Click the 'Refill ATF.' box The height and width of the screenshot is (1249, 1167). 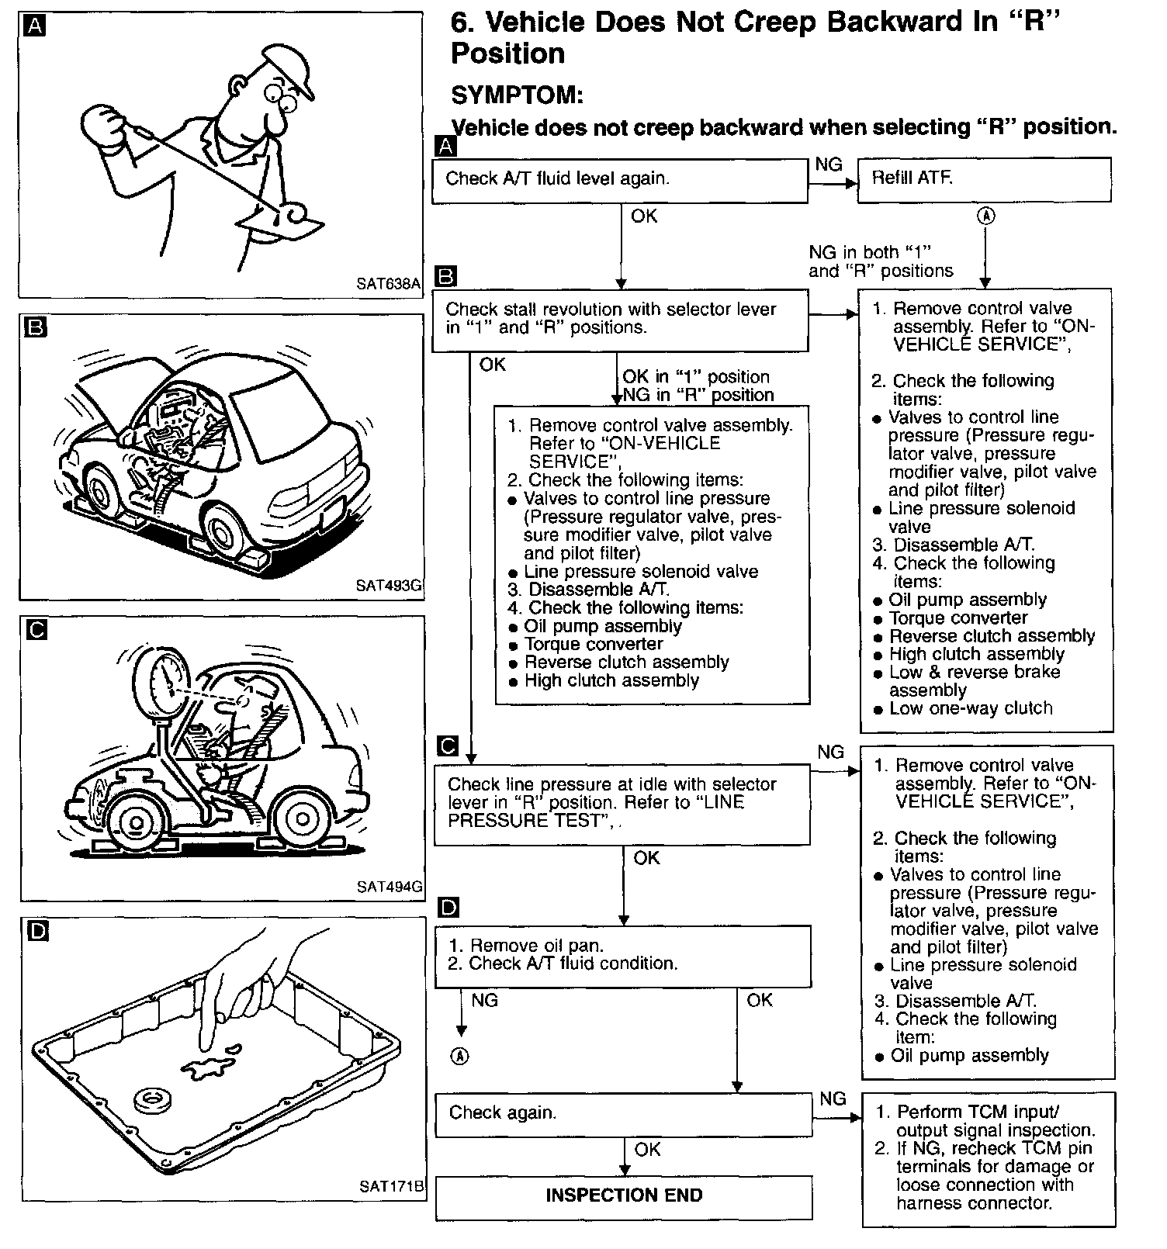[x=984, y=180]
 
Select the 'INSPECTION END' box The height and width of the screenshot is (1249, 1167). [x=624, y=1195]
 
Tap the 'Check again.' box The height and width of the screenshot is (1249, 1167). [x=623, y=1114]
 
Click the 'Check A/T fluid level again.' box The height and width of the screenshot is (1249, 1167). [x=619, y=181]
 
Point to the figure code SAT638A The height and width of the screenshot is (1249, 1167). [x=388, y=284]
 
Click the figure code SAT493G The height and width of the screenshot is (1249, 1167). [x=388, y=586]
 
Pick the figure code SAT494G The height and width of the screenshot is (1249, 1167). [x=390, y=887]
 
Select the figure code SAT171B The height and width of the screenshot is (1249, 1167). [x=392, y=1186]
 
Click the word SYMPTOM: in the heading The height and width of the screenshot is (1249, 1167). [x=517, y=95]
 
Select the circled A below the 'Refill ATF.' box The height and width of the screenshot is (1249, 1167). [x=985, y=216]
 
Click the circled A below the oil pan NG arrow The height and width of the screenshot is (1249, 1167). [x=461, y=1056]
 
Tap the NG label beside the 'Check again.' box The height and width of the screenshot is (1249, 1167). [x=833, y=1098]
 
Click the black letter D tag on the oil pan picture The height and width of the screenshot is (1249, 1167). [x=36, y=930]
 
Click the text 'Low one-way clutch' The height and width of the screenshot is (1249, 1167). [x=970, y=708]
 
